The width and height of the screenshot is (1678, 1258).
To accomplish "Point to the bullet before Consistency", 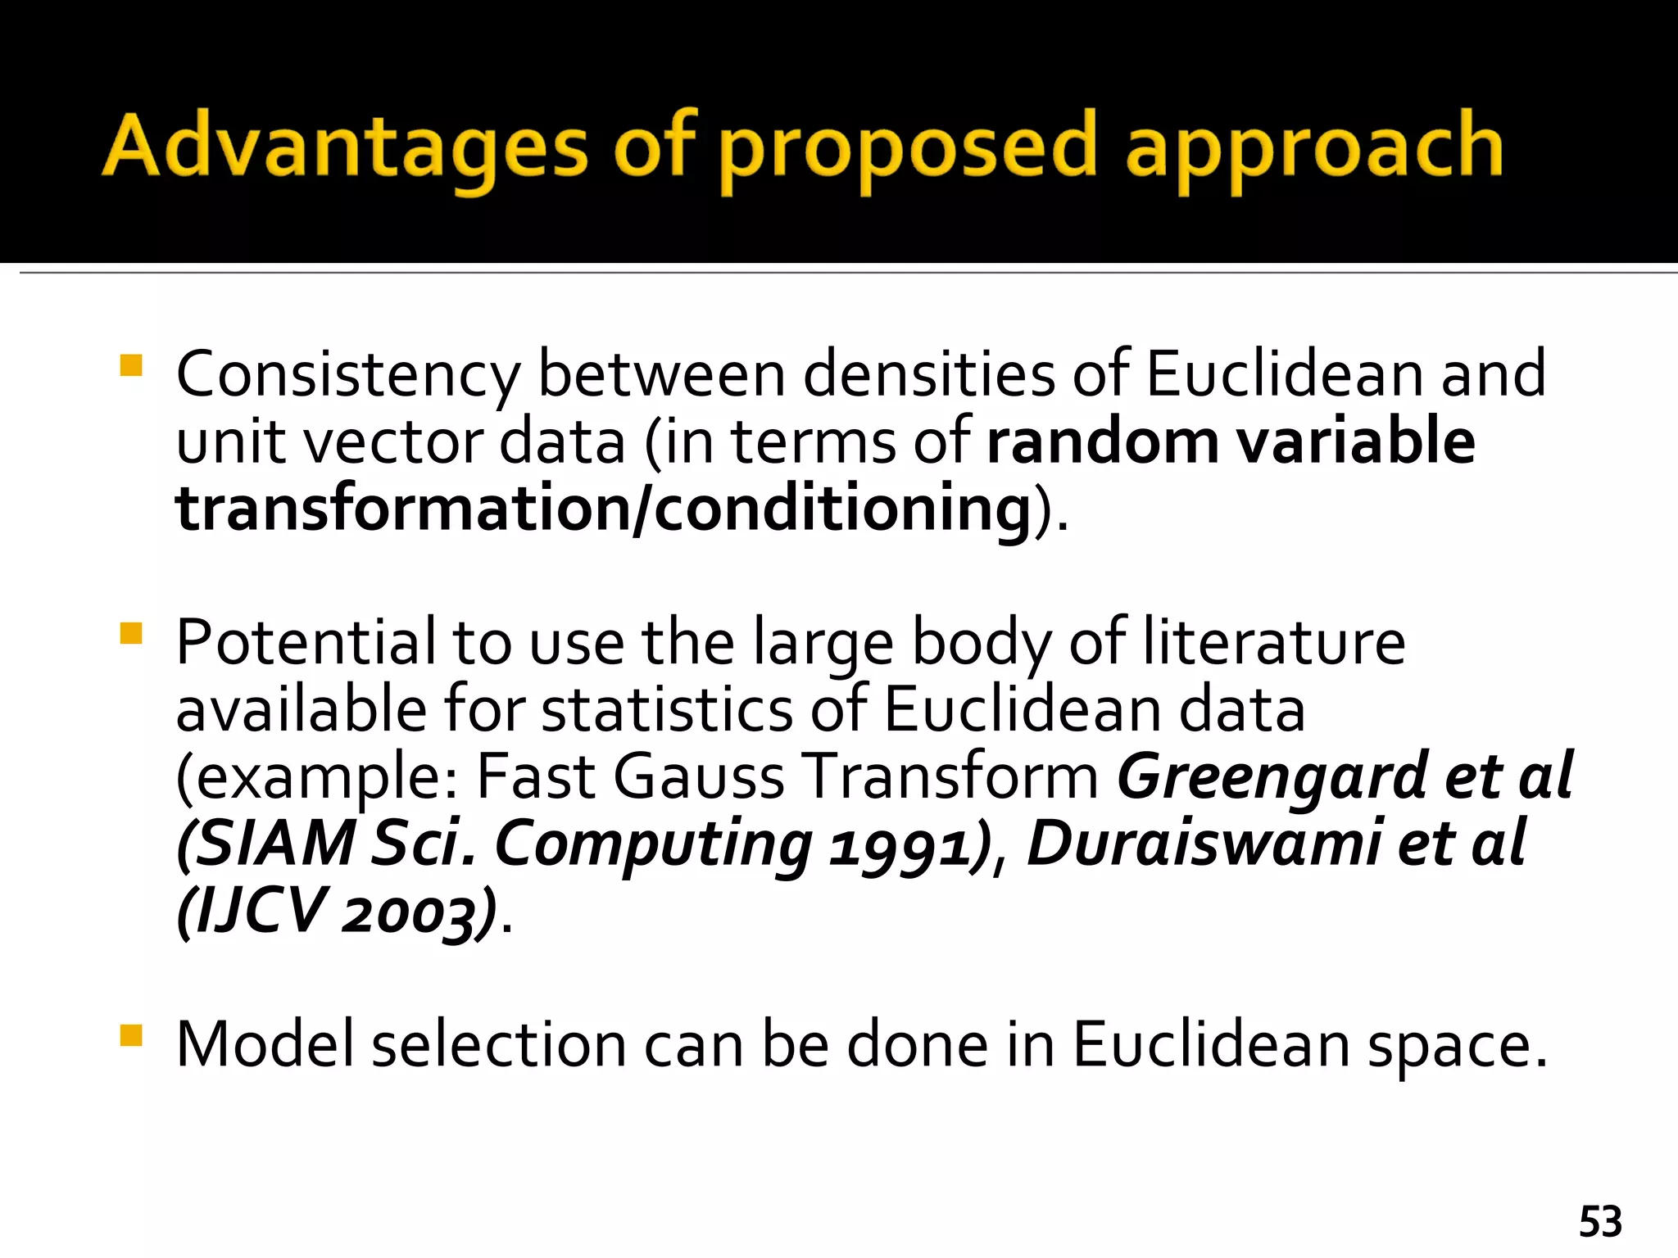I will (x=131, y=364).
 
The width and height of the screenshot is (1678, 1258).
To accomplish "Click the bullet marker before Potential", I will (x=131, y=634).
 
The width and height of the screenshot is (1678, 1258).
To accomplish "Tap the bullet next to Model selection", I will (x=131, y=1036).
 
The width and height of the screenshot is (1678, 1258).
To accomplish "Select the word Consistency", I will (x=348, y=374).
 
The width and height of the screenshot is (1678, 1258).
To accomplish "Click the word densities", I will (x=928, y=374).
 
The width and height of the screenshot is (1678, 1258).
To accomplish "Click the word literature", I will (x=1274, y=643).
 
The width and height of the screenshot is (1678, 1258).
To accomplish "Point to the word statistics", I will (x=667, y=710).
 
